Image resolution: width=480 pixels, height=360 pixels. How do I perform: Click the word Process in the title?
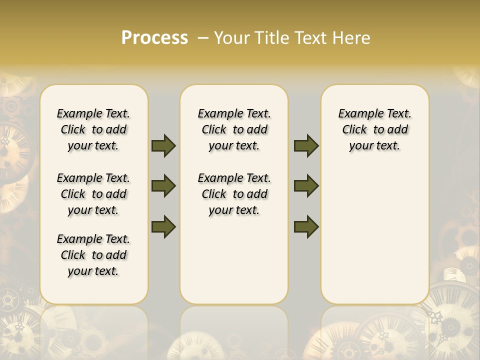[154, 38]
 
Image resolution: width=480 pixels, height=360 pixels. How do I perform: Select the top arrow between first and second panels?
[163, 146]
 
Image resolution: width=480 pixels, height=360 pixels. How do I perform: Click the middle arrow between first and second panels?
[163, 186]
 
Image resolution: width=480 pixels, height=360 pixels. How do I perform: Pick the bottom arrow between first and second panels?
[163, 226]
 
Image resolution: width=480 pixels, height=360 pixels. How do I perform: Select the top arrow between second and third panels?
[306, 146]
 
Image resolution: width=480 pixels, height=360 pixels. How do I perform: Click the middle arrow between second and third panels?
[306, 186]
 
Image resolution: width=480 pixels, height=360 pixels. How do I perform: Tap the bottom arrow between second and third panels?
[306, 226]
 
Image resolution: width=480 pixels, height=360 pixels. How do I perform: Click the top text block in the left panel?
[93, 129]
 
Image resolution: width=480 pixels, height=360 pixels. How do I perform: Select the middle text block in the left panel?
[93, 194]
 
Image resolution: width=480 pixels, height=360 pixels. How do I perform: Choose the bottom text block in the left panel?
[93, 255]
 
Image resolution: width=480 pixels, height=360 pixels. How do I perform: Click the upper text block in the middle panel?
[234, 129]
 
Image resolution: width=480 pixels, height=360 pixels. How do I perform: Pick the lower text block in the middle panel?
[234, 194]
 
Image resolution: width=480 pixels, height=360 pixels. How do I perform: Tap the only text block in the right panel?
[374, 129]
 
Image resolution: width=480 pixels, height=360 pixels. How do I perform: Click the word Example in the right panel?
[357, 114]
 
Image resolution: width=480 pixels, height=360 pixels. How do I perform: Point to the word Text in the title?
[310, 38]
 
